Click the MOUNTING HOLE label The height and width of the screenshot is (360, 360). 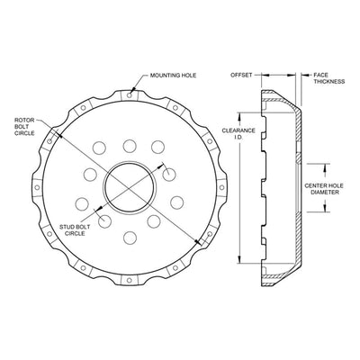173,76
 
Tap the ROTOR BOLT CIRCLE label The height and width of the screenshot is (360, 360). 24,127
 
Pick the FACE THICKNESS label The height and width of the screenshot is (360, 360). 329,78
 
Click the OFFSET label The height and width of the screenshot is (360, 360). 241,75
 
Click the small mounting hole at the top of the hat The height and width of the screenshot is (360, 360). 130,94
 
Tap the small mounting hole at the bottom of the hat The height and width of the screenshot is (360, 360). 130,281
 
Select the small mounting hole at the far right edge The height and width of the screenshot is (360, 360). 221,187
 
